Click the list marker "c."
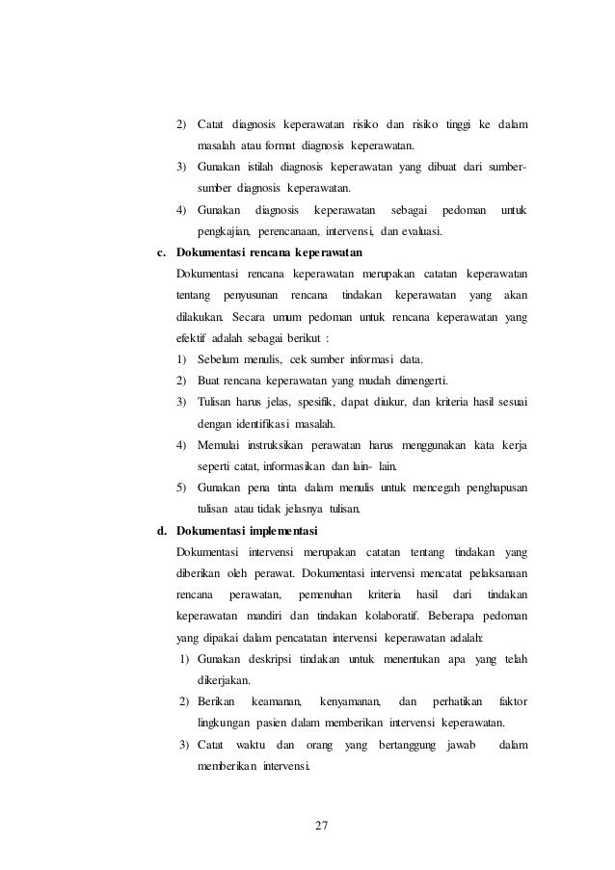coord(162,252)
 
